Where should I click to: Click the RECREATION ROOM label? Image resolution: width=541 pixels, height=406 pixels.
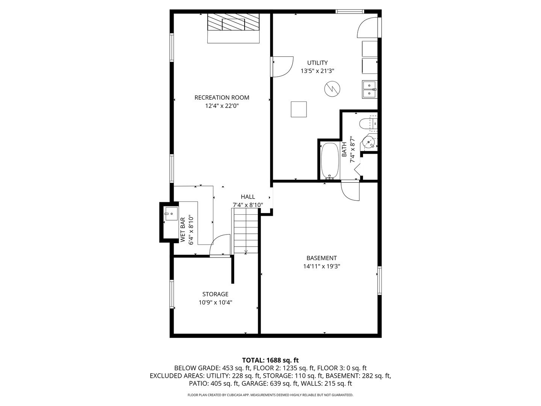pyautogui.click(x=222, y=97)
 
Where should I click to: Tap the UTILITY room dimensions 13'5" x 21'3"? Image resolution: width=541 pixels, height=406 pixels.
pyautogui.click(x=317, y=71)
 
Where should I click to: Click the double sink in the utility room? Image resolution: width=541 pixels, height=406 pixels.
pyautogui.click(x=369, y=89)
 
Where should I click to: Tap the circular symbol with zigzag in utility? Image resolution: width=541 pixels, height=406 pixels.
pyautogui.click(x=332, y=89)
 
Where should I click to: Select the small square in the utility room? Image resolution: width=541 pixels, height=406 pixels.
pyautogui.click(x=299, y=109)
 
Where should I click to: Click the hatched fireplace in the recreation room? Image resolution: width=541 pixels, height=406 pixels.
pyautogui.click(x=233, y=24)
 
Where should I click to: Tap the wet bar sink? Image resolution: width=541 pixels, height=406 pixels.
pyautogui.click(x=171, y=214)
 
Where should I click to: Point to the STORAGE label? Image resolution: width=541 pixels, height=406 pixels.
pyautogui.click(x=215, y=294)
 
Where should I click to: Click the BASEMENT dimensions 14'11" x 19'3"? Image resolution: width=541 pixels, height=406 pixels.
pyautogui.click(x=322, y=266)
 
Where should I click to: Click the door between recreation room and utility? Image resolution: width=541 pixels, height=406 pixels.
pyautogui.click(x=282, y=67)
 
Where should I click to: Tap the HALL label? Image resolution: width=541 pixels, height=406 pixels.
pyautogui.click(x=248, y=197)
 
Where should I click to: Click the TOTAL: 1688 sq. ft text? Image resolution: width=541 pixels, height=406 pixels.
pyautogui.click(x=270, y=361)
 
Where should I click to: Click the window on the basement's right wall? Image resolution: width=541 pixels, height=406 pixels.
pyautogui.click(x=379, y=280)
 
